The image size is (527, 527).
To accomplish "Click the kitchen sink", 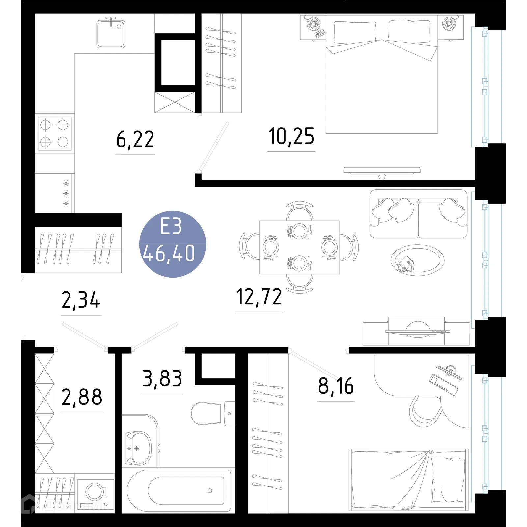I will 111,34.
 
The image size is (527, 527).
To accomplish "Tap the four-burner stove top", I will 54,133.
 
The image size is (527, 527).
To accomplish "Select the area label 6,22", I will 135,140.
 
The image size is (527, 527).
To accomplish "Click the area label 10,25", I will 291,137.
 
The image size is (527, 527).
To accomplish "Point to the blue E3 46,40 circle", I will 173,244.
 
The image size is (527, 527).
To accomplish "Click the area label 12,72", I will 259,297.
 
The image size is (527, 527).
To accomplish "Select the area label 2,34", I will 81,300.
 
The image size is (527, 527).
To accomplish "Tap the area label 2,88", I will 82,397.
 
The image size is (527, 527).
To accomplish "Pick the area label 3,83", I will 162,379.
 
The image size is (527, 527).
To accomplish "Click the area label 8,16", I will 336,386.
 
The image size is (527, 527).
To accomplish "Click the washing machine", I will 96,492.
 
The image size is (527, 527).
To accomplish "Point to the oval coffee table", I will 417,260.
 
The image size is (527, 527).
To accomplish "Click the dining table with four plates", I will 299,247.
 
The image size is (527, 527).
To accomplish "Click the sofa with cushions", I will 418,214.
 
